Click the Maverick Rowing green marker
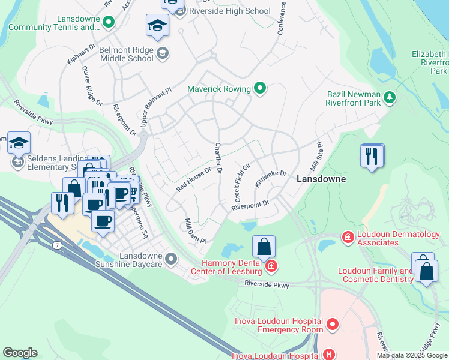click(x=260, y=89)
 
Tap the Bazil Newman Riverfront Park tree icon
click(x=390, y=97)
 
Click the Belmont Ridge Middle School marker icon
click(x=162, y=55)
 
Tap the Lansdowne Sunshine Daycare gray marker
click(x=172, y=259)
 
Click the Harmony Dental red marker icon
click(x=271, y=266)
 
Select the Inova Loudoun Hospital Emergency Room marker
click(x=332, y=325)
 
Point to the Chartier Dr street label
click(x=219, y=159)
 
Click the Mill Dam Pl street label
click(x=195, y=231)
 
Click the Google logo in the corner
click(x=20, y=353)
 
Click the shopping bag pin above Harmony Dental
click(x=264, y=246)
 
